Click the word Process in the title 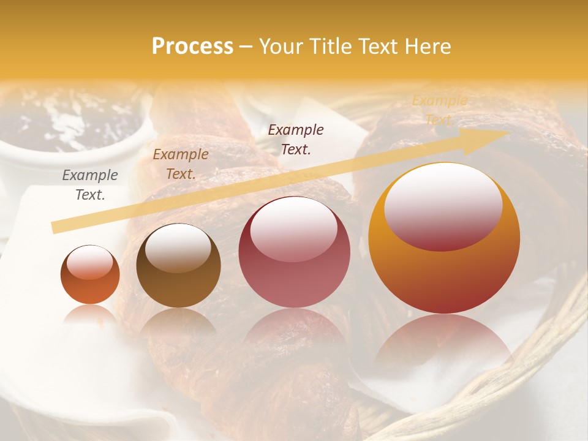pos(192,47)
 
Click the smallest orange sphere pos(90,275)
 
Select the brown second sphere pos(178,266)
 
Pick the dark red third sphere pos(294,252)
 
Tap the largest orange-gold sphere pos(444,238)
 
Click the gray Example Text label pos(90,185)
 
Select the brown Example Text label pos(181,164)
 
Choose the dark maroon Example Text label pos(296,140)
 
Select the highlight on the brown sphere pos(177,246)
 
